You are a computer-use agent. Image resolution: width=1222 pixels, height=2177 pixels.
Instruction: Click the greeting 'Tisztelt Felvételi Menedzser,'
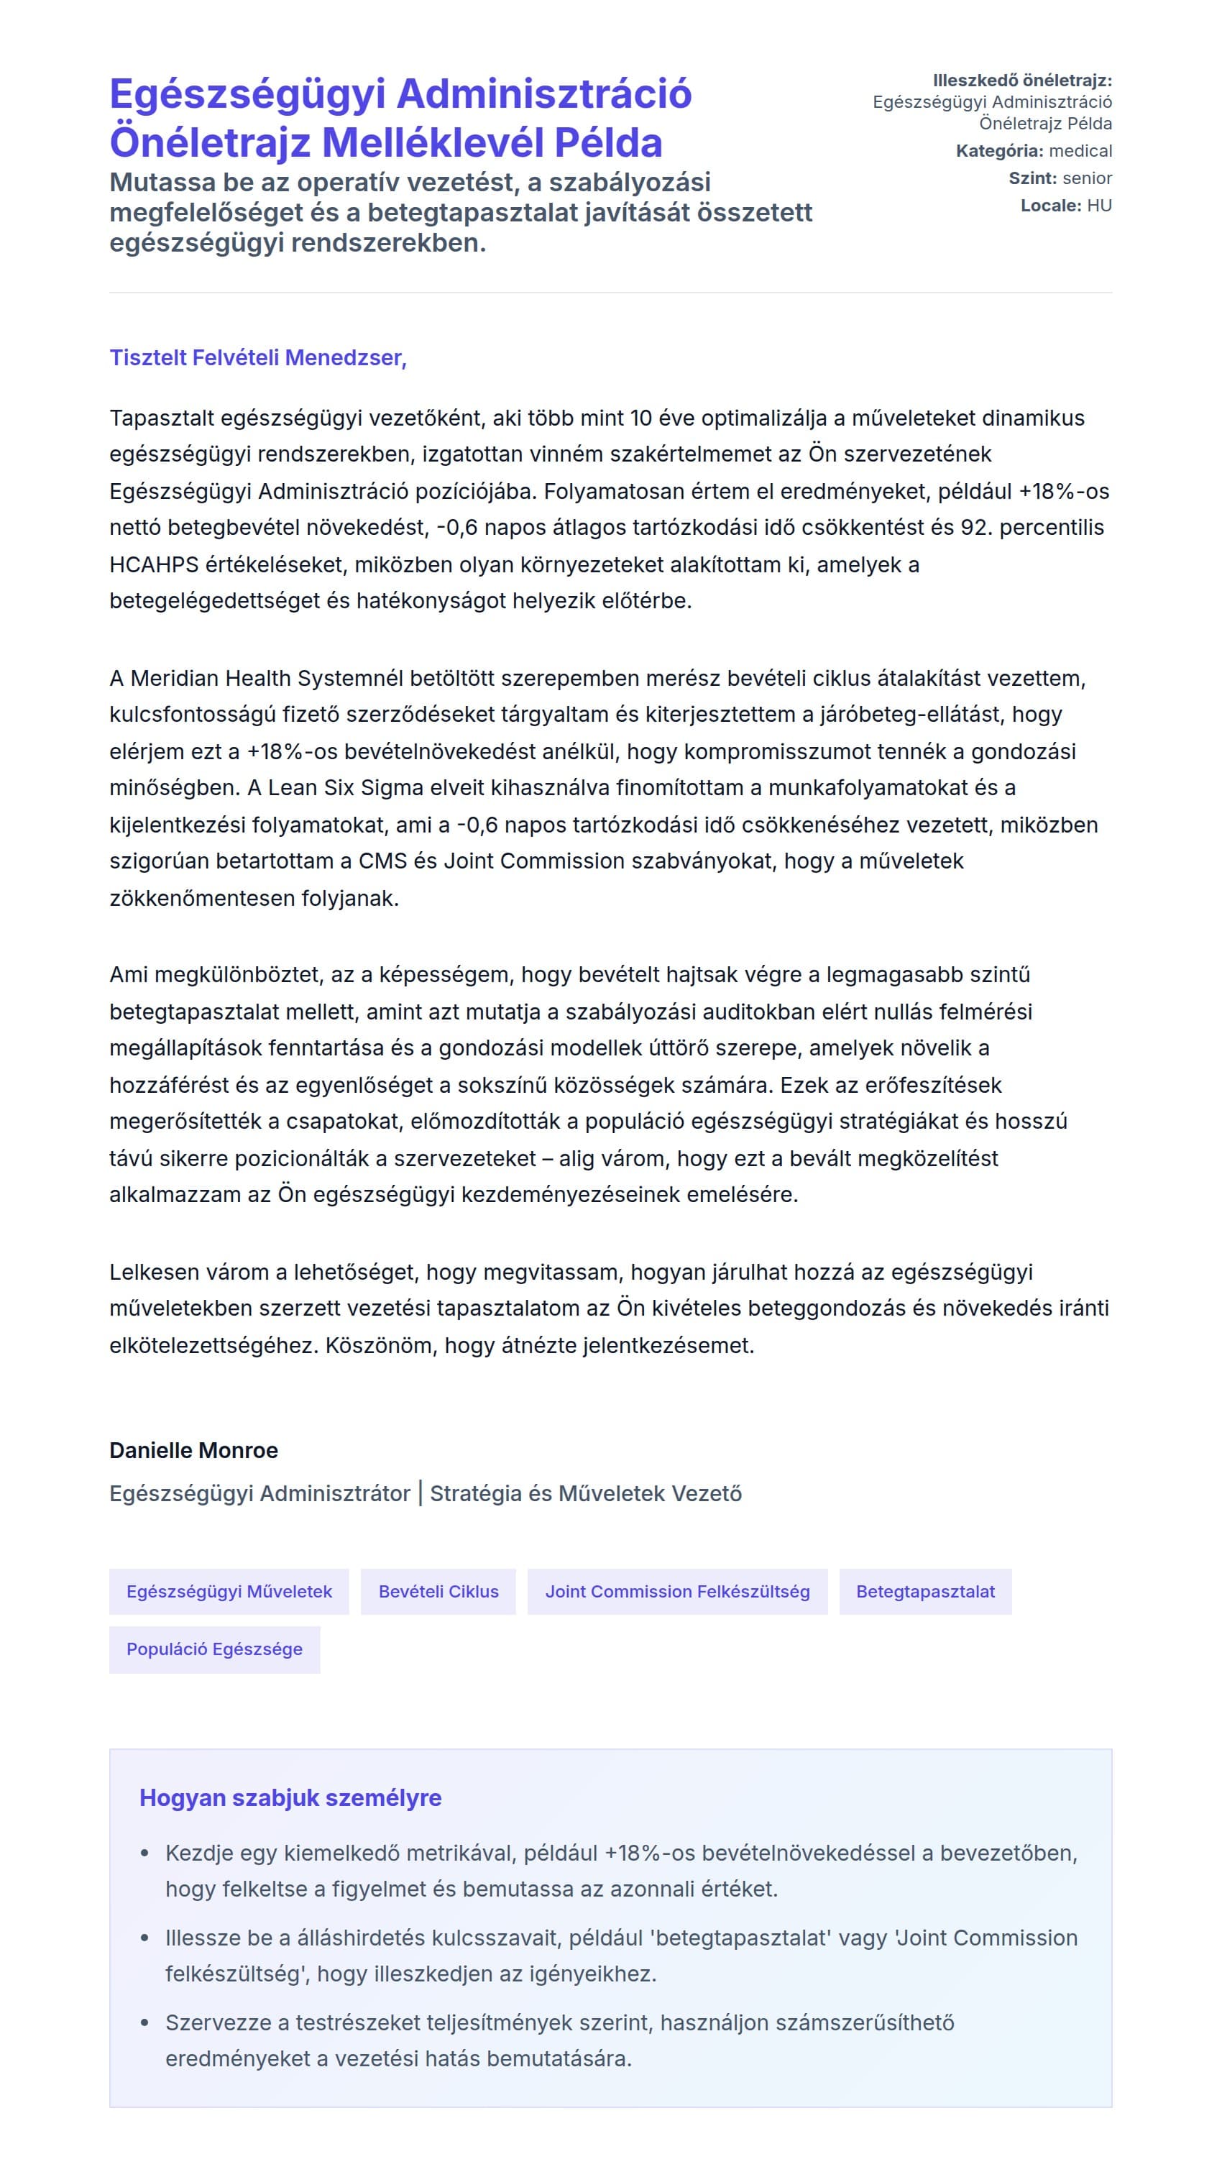pyautogui.click(x=258, y=357)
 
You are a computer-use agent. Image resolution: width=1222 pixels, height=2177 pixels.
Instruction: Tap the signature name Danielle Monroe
pyautogui.click(x=193, y=1450)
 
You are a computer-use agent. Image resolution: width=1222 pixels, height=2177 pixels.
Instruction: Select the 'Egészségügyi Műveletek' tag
pyautogui.click(x=229, y=1591)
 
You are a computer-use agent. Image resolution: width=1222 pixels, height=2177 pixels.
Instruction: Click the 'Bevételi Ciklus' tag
pyautogui.click(x=438, y=1591)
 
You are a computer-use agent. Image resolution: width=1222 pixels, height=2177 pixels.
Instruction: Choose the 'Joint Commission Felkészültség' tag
pyautogui.click(x=677, y=1591)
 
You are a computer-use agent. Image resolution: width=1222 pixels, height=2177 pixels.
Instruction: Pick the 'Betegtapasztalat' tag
pyautogui.click(x=924, y=1591)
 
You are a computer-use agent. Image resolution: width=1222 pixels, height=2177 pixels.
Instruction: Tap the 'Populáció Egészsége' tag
pyautogui.click(x=215, y=1649)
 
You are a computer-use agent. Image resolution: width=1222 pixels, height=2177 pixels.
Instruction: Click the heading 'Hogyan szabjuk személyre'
pyautogui.click(x=290, y=1797)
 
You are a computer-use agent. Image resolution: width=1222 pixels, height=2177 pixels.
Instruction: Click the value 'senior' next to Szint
pyautogui.click(x=1087, y=178)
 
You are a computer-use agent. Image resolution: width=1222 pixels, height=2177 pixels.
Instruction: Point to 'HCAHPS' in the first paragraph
pyautogui.click(x=153, y=564)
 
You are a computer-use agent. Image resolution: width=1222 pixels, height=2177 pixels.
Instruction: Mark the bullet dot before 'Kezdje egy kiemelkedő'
pyautogui.click(x=144, y=1853)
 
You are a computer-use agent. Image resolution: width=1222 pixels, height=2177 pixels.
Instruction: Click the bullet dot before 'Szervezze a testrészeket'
pyautogui.click(x=144, y=2022)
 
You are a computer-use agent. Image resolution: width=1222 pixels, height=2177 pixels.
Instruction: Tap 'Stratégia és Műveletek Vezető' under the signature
pyautogui.click(x=586, y=1493)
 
